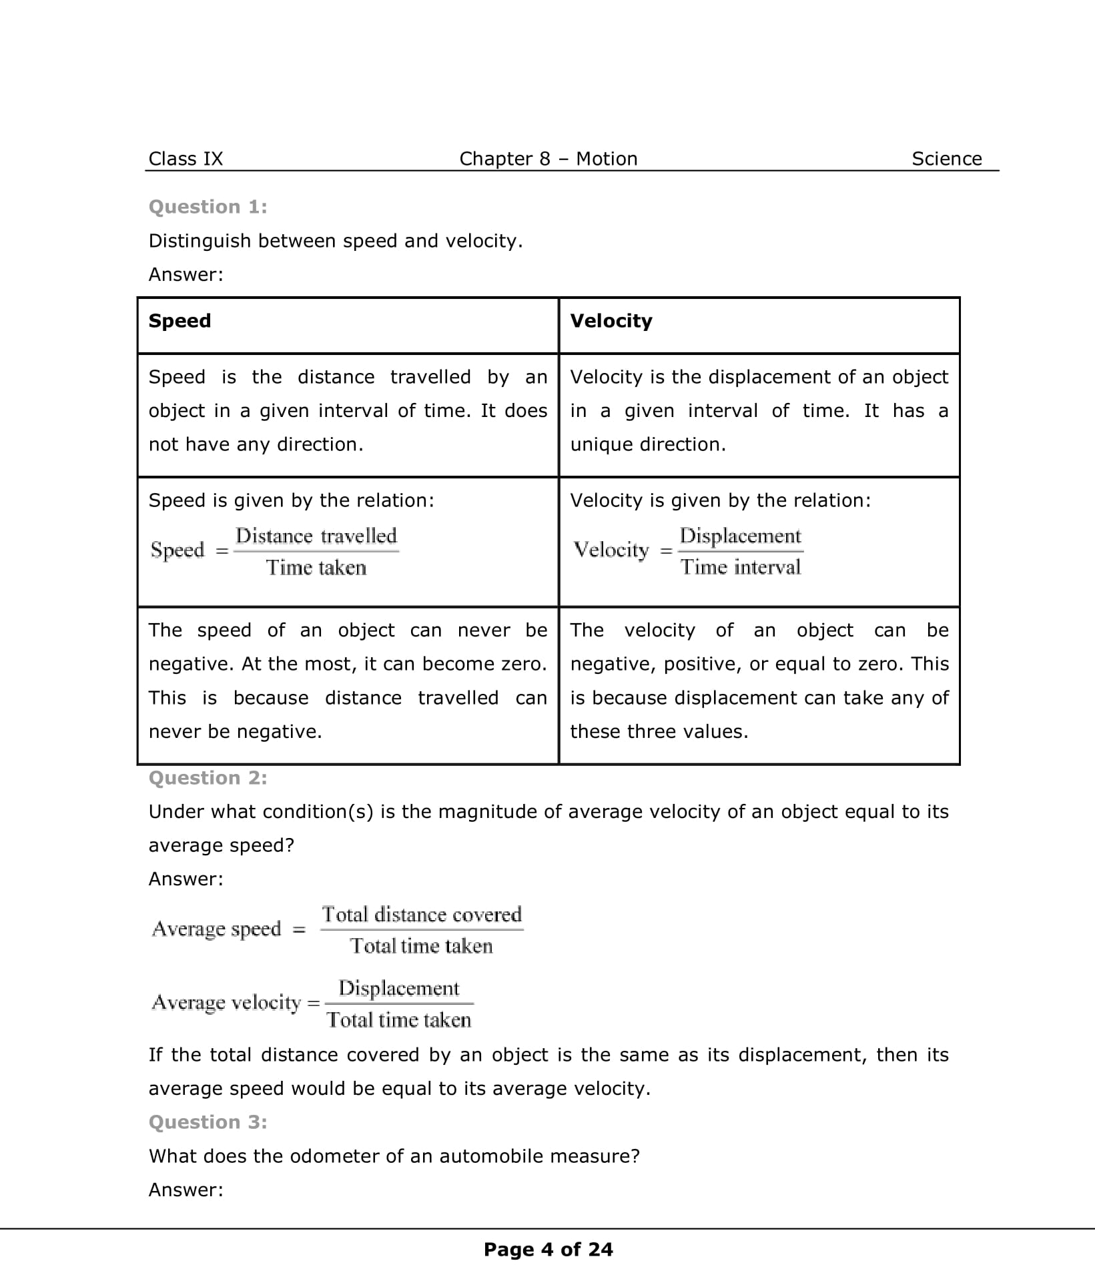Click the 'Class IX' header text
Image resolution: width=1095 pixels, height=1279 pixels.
click(186, 159)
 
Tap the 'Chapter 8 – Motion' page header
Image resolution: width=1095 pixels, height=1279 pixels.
click(548, 159)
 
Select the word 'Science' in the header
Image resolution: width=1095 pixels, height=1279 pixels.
click(946, 159)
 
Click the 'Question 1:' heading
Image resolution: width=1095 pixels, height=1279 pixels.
click(208, 207)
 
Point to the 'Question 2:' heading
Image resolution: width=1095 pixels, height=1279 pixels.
click(208, 778)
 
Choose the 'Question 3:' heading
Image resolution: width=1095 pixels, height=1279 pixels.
click(208, 1122)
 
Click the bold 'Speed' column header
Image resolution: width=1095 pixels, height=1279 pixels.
click(179, 321)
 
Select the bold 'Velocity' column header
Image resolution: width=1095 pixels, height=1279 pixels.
click(611, 321)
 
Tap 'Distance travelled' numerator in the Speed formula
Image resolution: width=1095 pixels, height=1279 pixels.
click(316, 536)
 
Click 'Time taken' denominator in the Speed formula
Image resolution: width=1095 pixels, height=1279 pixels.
click(316, 568)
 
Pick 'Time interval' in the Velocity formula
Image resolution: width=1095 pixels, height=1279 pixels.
click(740, 567)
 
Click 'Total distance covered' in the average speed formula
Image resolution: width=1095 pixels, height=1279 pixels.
click(421, 914)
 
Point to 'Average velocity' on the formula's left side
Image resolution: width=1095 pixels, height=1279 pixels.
click(226, 1002)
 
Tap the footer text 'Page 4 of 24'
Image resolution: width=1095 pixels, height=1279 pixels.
click(548, 1250)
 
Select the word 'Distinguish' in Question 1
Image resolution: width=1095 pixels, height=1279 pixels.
click(200, 241)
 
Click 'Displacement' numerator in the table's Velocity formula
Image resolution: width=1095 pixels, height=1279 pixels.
click(740, 536)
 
